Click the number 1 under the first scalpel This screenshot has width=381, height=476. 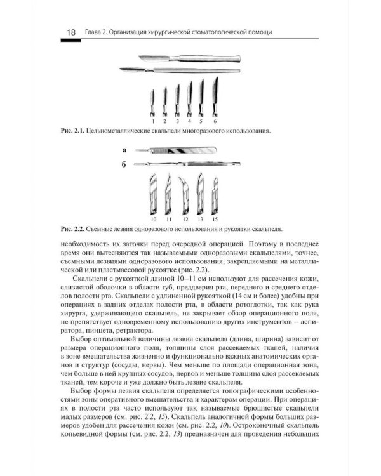pos(152,120)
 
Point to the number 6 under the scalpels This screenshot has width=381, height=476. pos(215,120)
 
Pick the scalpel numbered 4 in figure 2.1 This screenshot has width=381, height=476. pos(190,97)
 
